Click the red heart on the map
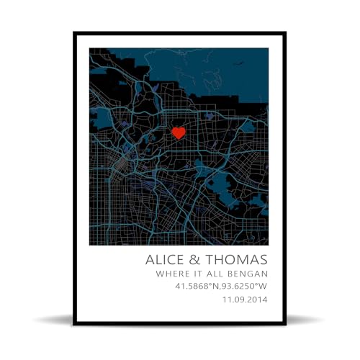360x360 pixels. [x=179, y=132]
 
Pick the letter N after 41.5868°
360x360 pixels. [x=214, y=287]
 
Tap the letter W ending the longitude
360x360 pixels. [x=264, y=287]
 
